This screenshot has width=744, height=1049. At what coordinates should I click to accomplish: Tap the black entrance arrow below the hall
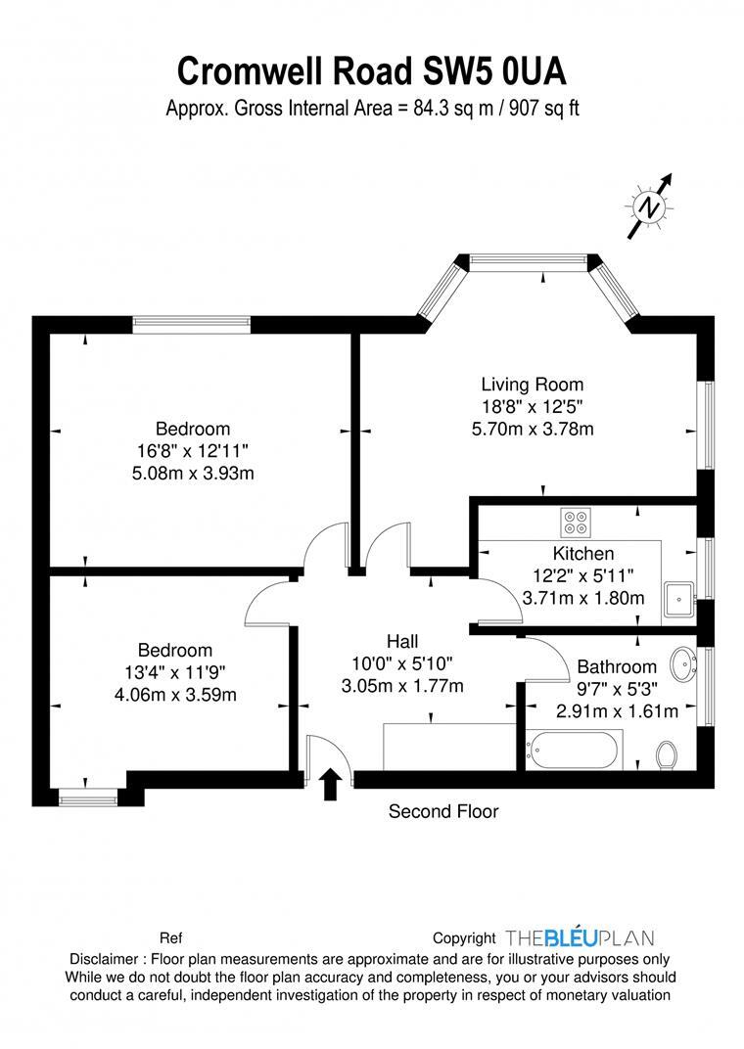[331, 783]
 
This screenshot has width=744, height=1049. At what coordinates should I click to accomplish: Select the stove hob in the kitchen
[575, 523]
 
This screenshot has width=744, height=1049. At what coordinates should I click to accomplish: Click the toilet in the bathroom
[667, 754]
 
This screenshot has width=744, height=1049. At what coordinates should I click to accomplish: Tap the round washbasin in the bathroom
[683, 663]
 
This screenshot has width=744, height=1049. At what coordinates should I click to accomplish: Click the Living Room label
[532, 385]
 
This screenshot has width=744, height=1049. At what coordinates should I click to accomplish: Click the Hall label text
[402, 642]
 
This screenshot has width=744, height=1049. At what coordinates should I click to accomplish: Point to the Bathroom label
[616, 667]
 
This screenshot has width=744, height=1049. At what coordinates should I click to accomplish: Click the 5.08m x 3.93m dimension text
[193, 474]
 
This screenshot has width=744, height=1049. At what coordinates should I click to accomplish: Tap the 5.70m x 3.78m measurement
[532, 429]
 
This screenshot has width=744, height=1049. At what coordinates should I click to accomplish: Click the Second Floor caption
[443, 811]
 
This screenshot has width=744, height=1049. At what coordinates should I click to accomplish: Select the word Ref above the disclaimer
[170, 937]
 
